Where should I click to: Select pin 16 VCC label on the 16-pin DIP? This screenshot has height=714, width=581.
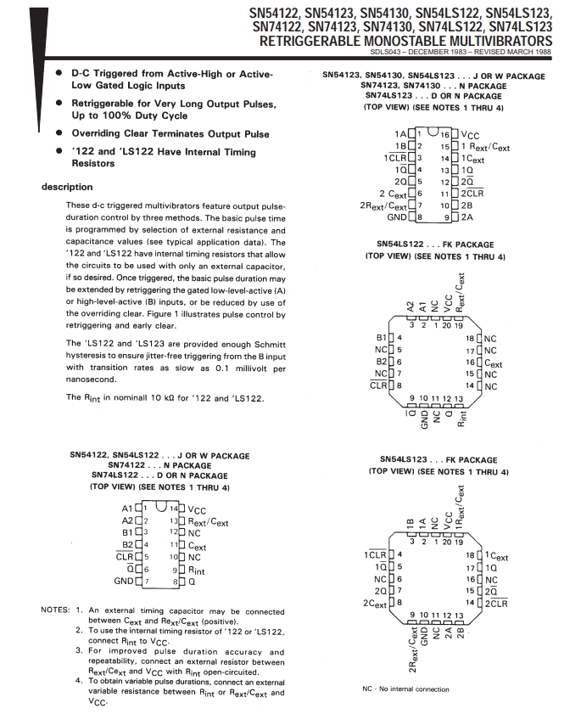pyautogui.click(x=470, y=134)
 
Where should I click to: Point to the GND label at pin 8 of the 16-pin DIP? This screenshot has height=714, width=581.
pyautogui.click(x=396, y=217)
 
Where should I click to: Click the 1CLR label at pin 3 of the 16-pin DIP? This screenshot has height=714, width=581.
pyautogui.click(x=393, y=158)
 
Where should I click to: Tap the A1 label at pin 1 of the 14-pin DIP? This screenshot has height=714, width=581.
pyautogui.click(x=130, y=509)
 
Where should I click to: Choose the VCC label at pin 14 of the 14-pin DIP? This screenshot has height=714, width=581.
pyautogui.click(x=198, y=509)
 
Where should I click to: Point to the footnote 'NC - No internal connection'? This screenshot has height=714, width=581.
pyautogui.click(x=405, y=689)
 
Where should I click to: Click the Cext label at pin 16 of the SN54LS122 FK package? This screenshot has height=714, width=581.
pyautogui.click(x=493, y=363)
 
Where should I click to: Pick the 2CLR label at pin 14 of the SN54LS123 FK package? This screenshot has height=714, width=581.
pyautogui.click(x=497, y=604)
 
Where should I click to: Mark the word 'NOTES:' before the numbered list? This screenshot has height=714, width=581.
pyautogui.click(x=57, y=610)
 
